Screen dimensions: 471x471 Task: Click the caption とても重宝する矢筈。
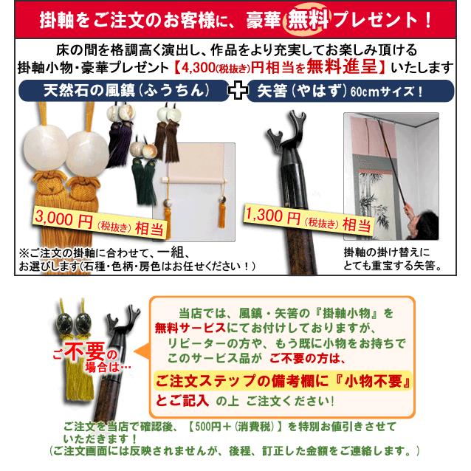click(x=392, y=264)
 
